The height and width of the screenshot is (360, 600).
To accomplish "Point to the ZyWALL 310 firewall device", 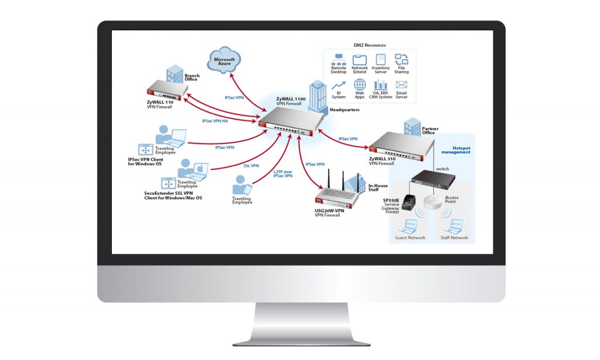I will (x=398, y=146).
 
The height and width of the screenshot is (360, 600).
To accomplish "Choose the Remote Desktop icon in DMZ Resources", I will (x=339, y=59).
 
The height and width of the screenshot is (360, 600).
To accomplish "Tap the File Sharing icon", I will (x=401, y=59).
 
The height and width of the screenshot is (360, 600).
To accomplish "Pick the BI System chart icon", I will (x=339, y=85).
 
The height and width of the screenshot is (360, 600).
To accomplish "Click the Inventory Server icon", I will (x=380, y=59).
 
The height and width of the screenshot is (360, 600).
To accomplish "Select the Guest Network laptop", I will (x=409, y=225).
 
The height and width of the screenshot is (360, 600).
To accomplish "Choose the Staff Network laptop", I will (x=454, y=225).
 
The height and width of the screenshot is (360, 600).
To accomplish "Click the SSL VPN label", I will (x=251, y=165).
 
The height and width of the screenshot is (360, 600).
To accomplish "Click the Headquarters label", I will (x=345, y=110).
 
